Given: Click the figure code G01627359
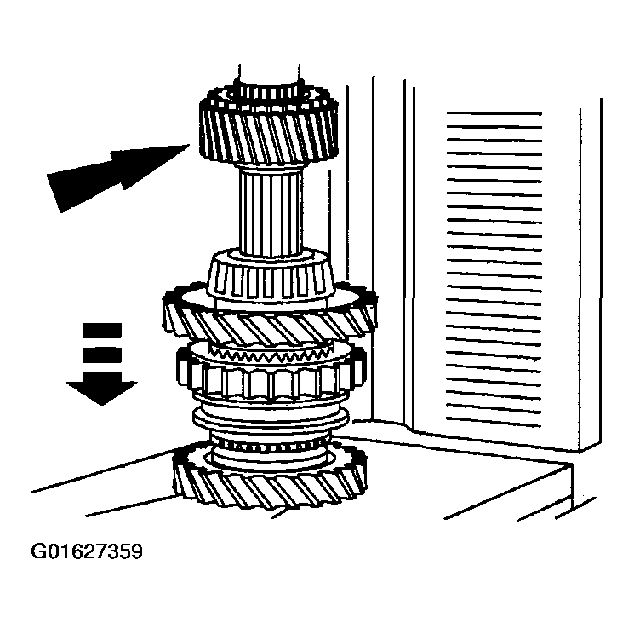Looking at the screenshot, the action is click(87, 551).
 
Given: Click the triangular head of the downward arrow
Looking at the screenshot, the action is click(102, 392).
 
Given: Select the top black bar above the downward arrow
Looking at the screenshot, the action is click(102, 331).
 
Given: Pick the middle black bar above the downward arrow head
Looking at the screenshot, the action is click(102, 355).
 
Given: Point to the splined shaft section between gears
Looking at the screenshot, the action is click(271, 212).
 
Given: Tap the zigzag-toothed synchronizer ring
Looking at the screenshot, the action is click(271, 355).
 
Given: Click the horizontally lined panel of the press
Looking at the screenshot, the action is click(494, 269).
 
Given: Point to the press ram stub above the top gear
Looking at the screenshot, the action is click(269, 77).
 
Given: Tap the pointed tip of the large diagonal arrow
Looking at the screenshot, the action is click(190, 145).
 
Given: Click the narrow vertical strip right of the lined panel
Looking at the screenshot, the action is click(591, 275).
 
